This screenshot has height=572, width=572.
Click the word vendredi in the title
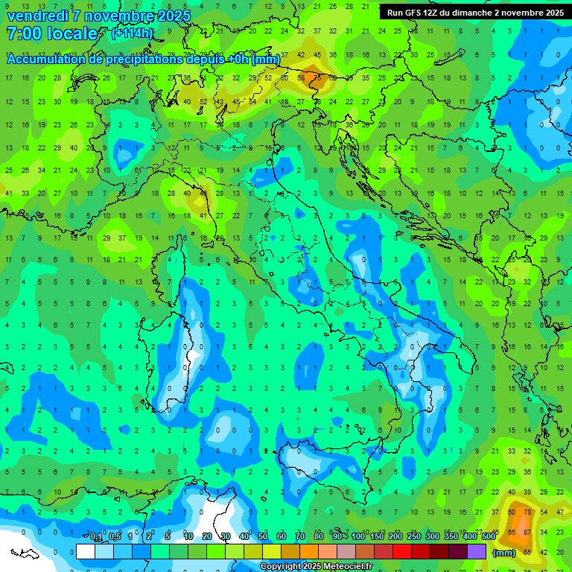point(37,16)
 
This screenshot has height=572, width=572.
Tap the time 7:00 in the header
point(23,34)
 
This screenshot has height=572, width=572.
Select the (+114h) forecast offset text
point(133,33)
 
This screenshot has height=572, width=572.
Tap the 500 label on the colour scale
point(489,537)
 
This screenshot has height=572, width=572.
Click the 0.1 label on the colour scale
point(96,537)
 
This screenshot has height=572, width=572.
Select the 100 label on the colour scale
point(358,537)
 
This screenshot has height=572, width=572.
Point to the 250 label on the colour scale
point(414,537)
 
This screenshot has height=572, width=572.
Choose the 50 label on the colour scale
point(263,537)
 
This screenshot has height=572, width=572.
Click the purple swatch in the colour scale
point(477,552)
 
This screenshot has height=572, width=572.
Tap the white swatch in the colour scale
point(86,552)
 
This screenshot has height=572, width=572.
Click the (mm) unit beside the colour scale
point(504,553)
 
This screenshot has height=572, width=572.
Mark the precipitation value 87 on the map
point(527,533)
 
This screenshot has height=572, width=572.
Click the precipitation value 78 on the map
point(527,512)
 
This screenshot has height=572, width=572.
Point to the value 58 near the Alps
point(301,77)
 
